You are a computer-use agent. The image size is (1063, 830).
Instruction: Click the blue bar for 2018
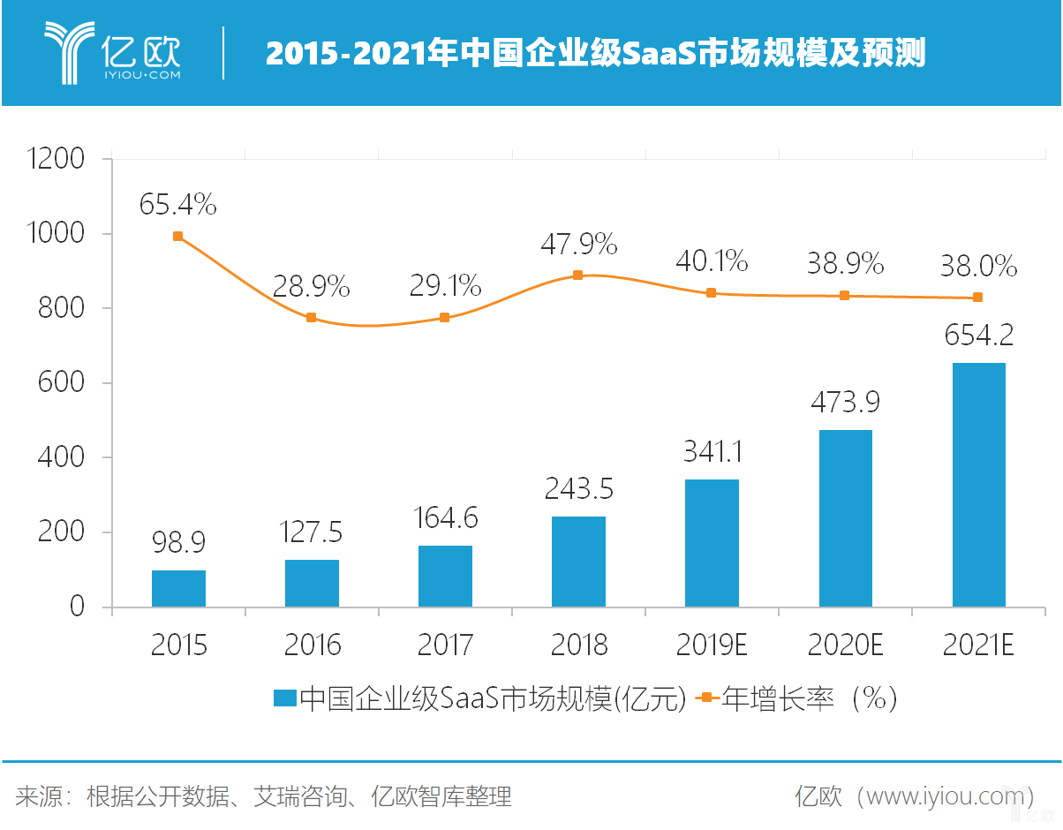click(578, 562)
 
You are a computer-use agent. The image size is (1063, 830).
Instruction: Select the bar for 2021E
click(978, 485)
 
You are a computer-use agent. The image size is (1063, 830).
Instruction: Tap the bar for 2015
click(178, 588)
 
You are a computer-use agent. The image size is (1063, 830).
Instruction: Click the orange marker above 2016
click(311, 318)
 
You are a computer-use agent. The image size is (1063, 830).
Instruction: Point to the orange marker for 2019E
click(711, 293)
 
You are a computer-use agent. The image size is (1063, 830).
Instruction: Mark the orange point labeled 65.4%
click(178, 237)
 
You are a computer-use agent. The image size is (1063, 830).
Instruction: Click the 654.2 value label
click(978, 336)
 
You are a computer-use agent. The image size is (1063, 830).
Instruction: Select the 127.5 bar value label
click(313, 532)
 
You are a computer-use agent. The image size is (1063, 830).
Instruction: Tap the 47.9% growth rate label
click(579, 245)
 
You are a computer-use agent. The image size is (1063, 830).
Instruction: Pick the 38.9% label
click(845, 263)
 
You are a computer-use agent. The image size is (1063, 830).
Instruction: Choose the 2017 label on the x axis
click(445, 645)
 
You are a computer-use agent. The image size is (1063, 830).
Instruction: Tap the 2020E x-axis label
click(845, 645)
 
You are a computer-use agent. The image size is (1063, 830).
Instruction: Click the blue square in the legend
click(284, 699)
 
